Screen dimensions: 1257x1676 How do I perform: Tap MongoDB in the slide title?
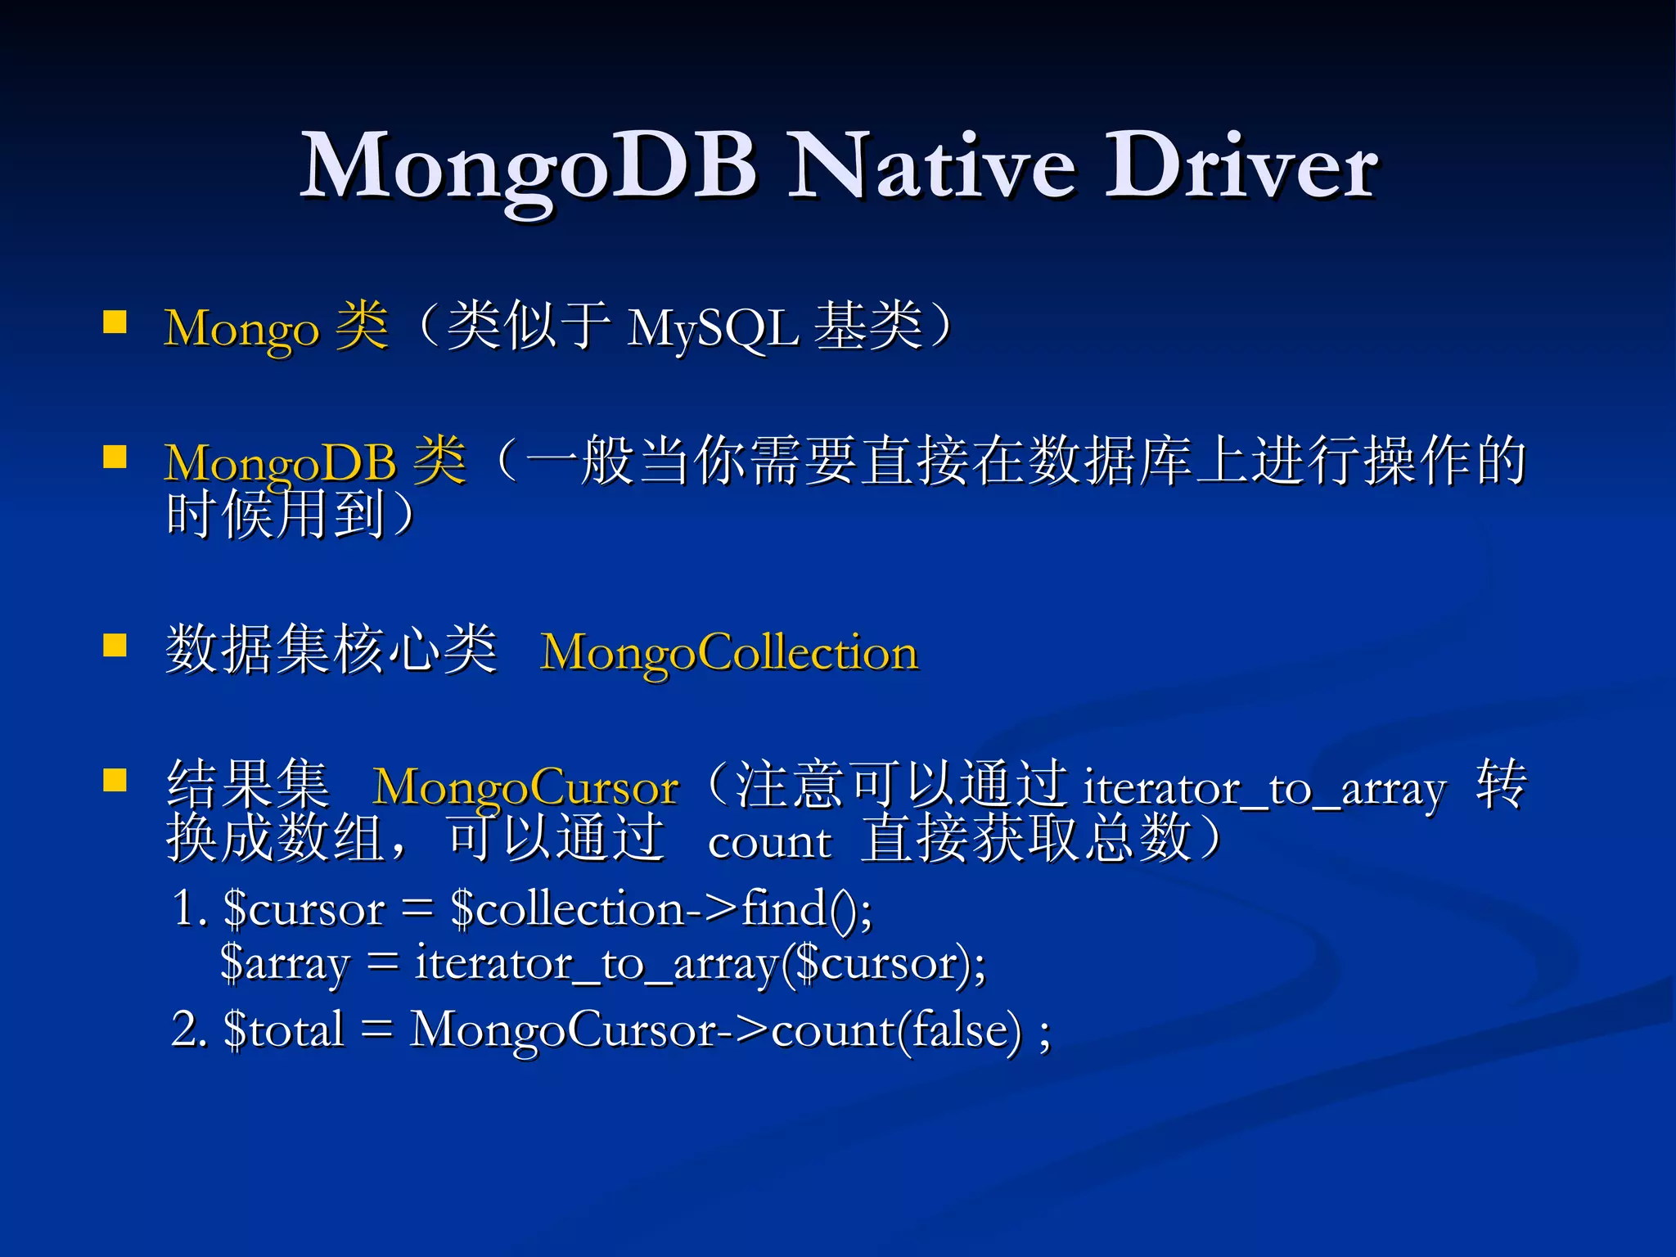pyautogui.click(x=528, y=168)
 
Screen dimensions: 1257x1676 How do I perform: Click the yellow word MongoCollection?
pyautogui.click(x=729, y=653)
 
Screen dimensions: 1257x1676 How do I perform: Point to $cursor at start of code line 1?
pyautogui.click(x=304, y=909)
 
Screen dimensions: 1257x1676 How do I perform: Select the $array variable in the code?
pyautogui.click(x=285, y=964)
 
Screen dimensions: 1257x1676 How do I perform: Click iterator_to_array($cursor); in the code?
pyautogui.click(x=701, y=964)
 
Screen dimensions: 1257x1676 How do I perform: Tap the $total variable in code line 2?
pyautogui.click(x=283, y=1030)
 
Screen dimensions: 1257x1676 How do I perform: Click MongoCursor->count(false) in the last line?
pyautogui.click(x=716, y=1030)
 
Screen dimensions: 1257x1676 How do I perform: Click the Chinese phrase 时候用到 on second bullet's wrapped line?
pyautogui.click(x=277, y=516)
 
